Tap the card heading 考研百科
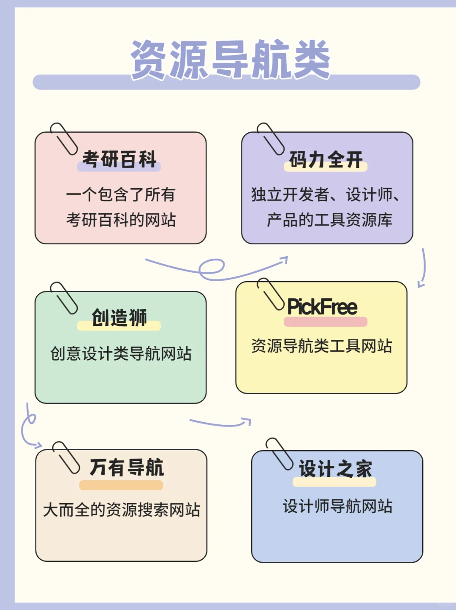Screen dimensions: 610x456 click(x=119, y=159)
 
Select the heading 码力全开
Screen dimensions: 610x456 click(x=326, y=160)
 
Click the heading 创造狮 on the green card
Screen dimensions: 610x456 click(x=119, y=317)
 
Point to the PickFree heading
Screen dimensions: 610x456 click(x=322, y=307)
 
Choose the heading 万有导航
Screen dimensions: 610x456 click(x=127, y=468)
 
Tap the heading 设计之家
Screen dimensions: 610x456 click(x=335, y=469)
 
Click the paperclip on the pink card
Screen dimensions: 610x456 click(x=64, y=139)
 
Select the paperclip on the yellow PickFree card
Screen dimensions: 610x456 click(x=271, y=294)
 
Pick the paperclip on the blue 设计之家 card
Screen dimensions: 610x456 click(x=279, y=454)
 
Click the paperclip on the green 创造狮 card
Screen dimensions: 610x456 click(x=64, y=298)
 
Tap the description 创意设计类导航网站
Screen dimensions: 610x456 click(x=121, y=354)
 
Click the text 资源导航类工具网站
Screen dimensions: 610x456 click(x=322, y=346)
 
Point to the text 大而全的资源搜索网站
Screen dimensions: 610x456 click(x=122, y=510)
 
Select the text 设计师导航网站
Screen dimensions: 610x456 click(x=338, y=506)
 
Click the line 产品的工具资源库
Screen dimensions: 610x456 click(x=330, y=220)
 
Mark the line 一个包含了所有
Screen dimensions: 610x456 click(x=121, y=195)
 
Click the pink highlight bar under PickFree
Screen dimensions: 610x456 click(x=326, y=322)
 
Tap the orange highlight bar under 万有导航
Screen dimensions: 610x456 click(x=121, y=485)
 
